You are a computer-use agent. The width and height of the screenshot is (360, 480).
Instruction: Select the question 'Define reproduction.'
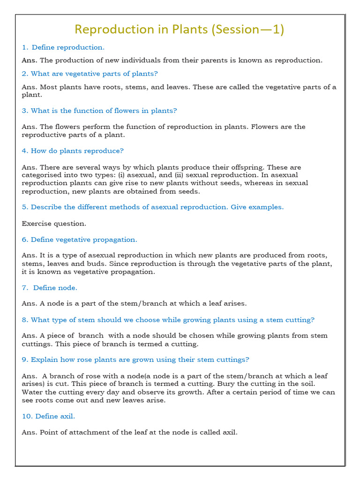point(63,47)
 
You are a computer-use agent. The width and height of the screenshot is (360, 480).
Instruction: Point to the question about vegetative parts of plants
point(90,74)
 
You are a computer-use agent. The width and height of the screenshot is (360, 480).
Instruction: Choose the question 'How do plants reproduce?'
point(73,151)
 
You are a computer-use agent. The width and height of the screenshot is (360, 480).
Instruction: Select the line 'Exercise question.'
point(54,224)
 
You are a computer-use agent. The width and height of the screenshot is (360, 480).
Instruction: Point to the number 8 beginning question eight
point(24,320)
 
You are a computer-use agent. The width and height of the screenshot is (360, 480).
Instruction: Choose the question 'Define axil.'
point(48,416)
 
